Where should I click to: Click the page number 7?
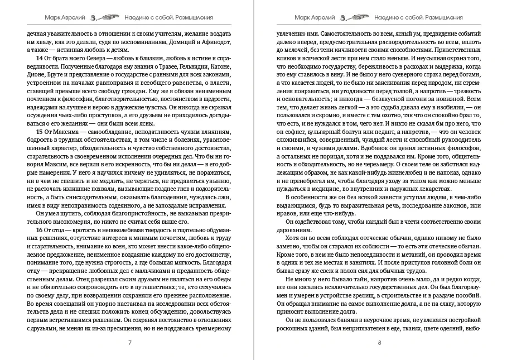[129, 342]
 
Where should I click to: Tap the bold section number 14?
[39, 59]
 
